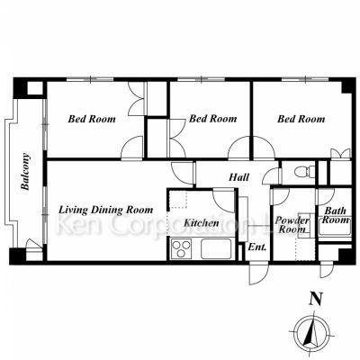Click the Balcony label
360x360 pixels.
click(25, 172)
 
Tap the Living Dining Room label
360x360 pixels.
click(105, 210)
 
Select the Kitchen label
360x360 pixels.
click(202, 223)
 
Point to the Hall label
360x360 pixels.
click(238, 177)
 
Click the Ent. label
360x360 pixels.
click(257, 247)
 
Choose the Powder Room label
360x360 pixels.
click(292, 225)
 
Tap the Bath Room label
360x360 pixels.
click(336, 215)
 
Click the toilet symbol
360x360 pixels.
click(304, 172)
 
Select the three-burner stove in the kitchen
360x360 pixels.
click(181, 248)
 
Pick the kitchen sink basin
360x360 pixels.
click(216, 248)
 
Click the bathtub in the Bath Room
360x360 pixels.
click(335, 230)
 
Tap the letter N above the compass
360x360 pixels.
click(316, 299)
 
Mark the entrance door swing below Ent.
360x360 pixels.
click(258, 273)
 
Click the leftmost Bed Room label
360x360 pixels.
click(92, 119)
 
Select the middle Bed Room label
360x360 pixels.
click(212, 119)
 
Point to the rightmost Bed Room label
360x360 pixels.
click(301, 119)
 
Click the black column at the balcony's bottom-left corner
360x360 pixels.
click(17, 256)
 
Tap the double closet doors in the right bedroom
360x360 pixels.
click(340, 153)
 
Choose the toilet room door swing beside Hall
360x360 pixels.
click(272, 176)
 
